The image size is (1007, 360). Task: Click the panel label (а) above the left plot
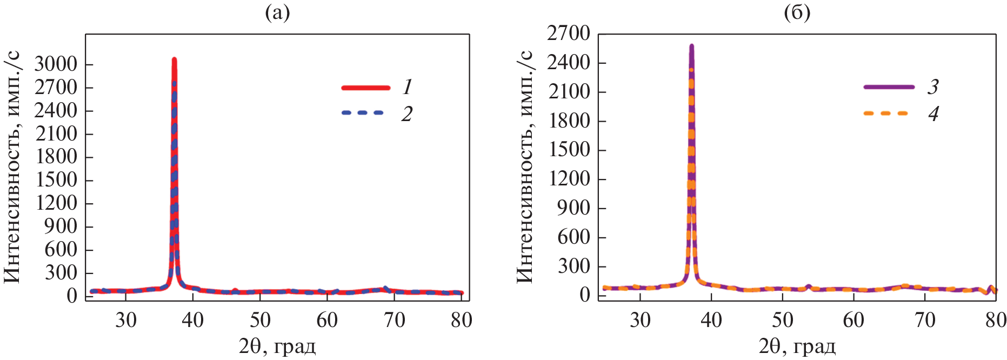point(277,13)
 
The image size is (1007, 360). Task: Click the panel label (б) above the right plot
point(797,13)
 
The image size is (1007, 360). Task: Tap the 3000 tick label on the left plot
point(56,64)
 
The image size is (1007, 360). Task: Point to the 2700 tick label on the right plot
point(568,34)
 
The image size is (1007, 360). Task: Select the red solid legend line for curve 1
point(366,88)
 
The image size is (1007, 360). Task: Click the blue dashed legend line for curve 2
point(363,113)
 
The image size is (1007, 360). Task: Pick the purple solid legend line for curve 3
point(889,87)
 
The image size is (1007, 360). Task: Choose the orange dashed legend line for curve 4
point(885,114)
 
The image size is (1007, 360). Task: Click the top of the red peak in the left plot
point(174,59)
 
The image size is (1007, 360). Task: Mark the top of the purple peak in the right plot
point(691,46)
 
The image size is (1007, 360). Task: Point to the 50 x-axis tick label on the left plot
point(260,321)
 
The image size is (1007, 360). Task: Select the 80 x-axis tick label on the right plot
point(996,321)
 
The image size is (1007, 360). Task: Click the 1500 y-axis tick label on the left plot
point(56,180)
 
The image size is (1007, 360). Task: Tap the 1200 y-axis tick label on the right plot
point(568,179)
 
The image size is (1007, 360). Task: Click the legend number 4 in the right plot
point(933,114)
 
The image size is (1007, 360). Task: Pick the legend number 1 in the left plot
point(408,87)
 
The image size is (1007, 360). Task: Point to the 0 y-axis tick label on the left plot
point(72,296)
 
